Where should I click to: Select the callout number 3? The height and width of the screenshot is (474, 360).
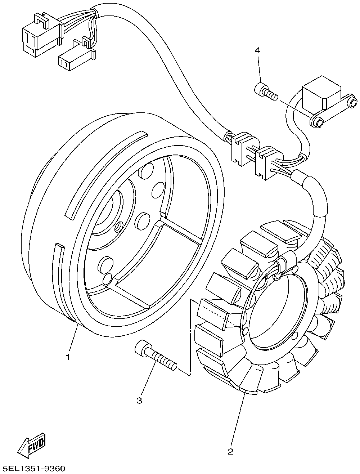pos(139,400)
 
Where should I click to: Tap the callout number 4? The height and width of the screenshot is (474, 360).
pos(257,50)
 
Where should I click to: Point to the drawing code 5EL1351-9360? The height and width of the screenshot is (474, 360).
pos(33,469)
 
